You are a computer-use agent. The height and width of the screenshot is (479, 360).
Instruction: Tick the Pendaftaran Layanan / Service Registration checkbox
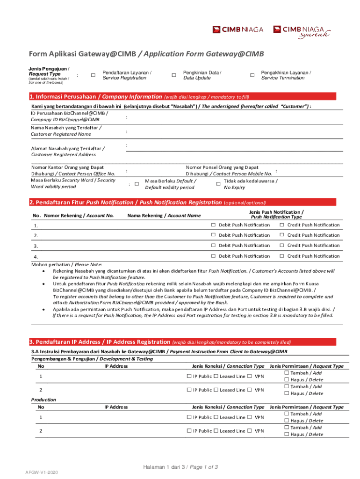pos(93,75)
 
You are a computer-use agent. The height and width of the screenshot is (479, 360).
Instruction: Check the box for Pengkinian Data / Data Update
pos(174,75)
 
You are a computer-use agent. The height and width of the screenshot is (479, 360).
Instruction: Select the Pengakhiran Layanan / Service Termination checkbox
pos(252,75)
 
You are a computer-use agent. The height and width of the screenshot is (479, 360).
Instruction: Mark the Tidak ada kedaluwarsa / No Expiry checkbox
pos(218,184)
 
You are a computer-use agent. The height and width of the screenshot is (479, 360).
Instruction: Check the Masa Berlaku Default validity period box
pos(137,184)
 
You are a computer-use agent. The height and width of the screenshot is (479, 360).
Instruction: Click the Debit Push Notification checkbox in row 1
pos(213,225)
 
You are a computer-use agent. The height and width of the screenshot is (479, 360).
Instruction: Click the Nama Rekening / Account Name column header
pos(164,215)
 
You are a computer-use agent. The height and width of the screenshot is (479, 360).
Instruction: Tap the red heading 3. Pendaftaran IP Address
pos(100,341)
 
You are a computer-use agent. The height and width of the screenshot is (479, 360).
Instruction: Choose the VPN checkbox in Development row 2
pos(250,390)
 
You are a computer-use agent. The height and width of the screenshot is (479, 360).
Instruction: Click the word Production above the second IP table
pos(43,400)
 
